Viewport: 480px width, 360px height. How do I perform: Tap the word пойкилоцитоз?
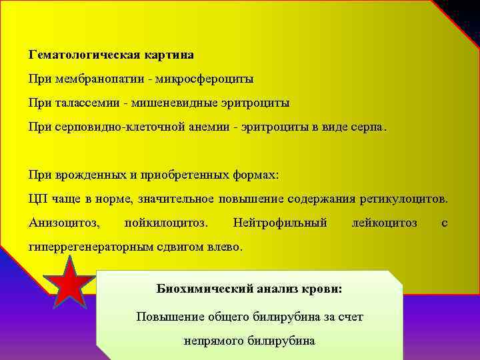pyautogui.click(x=166, y=222)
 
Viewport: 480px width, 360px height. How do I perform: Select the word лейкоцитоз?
pyautogui.click(x=384, y=222)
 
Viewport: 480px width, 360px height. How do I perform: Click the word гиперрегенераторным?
pyautogui.click(x=91, y=246)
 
